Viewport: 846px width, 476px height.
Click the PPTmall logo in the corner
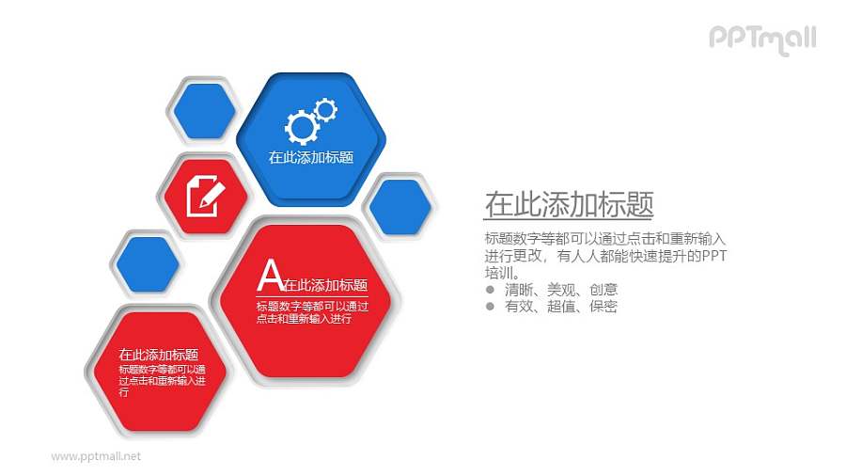(761, 39)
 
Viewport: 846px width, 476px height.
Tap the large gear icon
(302, 125)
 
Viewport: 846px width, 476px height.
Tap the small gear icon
(325, 109)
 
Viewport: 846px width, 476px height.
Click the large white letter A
(270, 276)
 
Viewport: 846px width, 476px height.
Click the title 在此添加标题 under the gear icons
(311, 157)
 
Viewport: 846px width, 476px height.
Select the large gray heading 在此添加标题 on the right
(569, 204)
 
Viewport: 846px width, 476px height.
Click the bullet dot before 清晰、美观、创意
(490, 290)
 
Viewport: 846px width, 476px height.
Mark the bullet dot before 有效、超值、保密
(490, 306)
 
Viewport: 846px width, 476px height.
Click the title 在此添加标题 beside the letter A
(324, 285)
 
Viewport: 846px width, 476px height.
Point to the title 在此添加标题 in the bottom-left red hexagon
(158, 355)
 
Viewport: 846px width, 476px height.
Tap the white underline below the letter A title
(311, 296)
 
